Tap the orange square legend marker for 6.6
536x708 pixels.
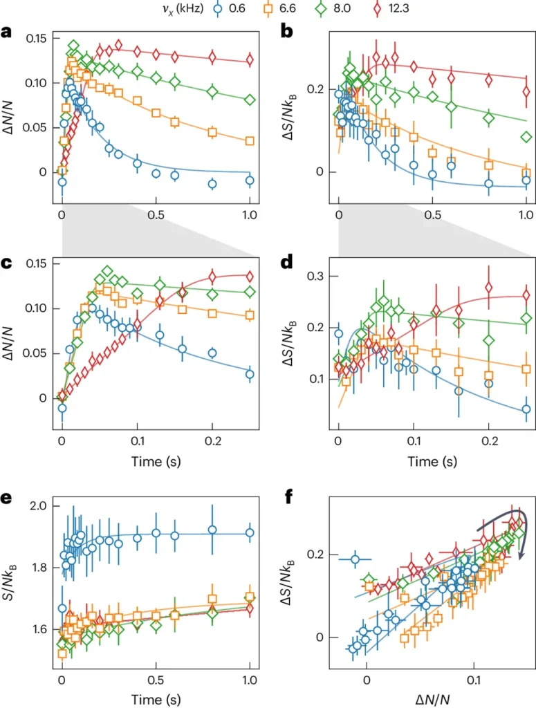(301, 9)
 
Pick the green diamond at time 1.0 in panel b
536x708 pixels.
(526, 137)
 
